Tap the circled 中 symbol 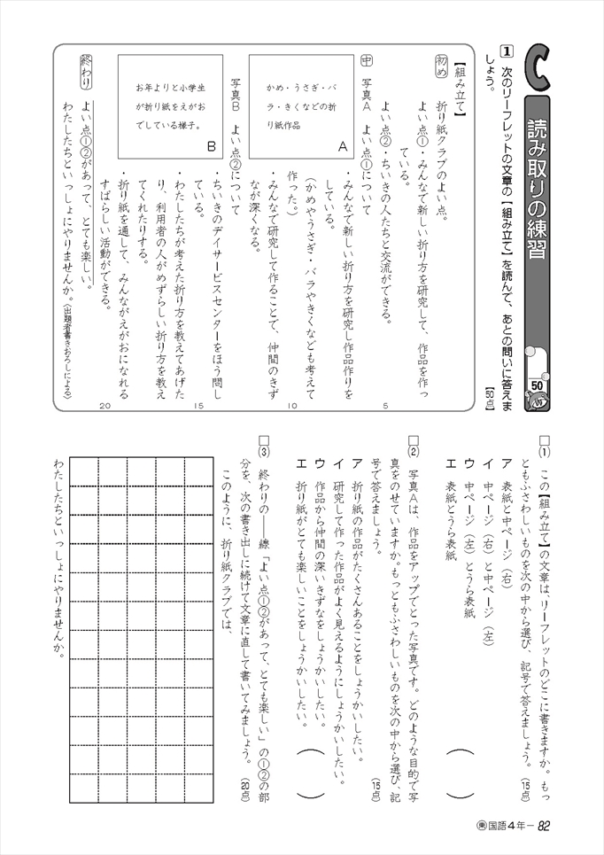point(368,62)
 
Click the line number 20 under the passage point(106,407)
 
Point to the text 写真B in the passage point(236,73)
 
